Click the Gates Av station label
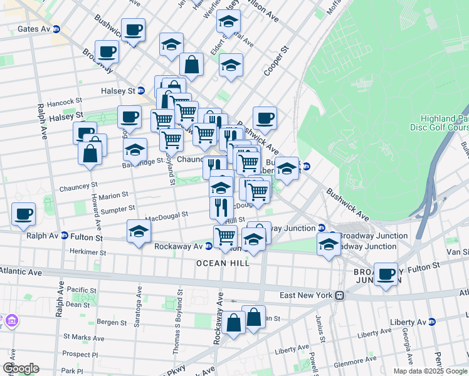(x=34, y=29)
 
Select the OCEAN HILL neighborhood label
(x=223, y=263)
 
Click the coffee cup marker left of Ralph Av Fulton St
(x=24, y=214)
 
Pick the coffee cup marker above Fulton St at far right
(x=386, y=274)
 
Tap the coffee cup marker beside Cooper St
(x=265, y=118)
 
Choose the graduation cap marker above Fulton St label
(x=139, y=231)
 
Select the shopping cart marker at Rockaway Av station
(x=225, y=236)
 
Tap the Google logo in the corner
(x=20, y=368)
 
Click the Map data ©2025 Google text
(x=430, y=371)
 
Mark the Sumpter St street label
(x=115, y=208)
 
